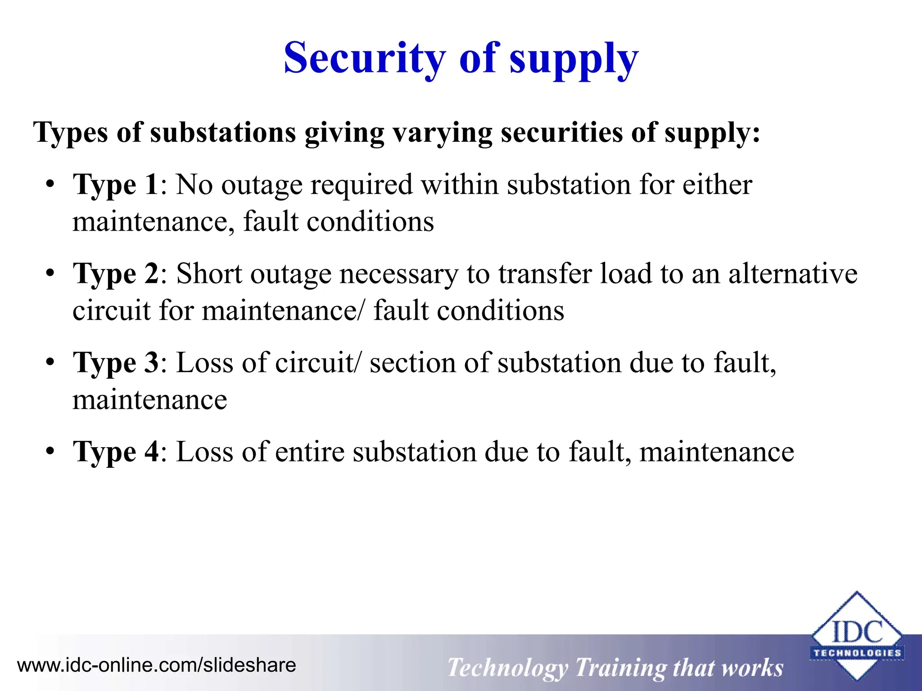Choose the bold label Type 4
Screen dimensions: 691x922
116,452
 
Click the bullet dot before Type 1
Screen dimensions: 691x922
50,185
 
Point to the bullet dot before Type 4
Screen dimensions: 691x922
50,451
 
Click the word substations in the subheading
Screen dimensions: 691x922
223,133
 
